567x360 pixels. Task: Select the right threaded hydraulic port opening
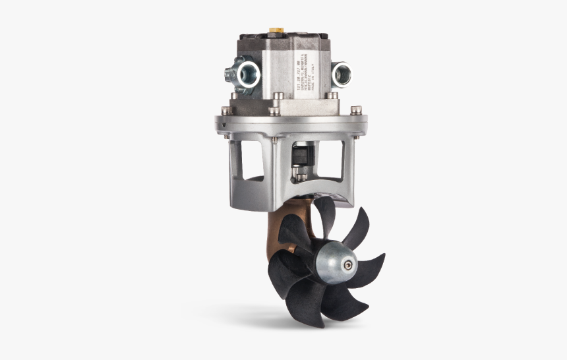[x=342, y=73]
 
